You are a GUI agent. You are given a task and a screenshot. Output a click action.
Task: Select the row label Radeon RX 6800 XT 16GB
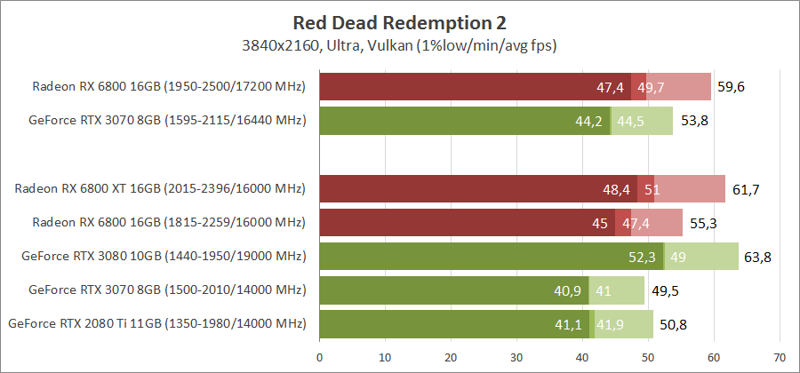(160, 188)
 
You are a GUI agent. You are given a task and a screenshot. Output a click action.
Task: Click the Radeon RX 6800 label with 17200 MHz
(169, 87)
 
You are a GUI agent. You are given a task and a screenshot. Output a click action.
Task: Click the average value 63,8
(758, 257)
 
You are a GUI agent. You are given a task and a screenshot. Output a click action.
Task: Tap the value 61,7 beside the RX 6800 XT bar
(745, 189)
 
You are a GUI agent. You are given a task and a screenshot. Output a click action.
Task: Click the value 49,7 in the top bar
(652, 87)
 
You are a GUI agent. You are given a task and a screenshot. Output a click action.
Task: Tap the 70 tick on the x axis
(780, 358)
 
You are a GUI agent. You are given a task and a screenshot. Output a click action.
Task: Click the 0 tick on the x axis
(320, 358)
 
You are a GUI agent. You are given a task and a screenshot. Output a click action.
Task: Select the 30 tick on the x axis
(516, 358)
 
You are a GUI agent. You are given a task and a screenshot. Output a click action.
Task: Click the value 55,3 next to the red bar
(703, 223)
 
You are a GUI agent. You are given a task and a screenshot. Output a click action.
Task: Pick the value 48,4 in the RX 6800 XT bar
(616, 189)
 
